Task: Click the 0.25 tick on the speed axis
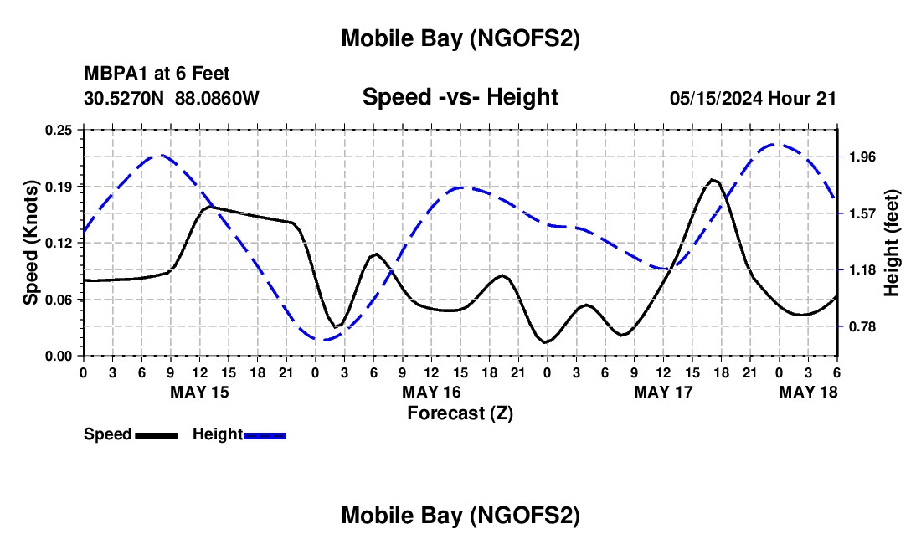pos(60,129)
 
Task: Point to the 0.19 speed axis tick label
pos(60,186)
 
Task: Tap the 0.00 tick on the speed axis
pos(60,356)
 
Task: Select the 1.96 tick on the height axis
pos(862,157)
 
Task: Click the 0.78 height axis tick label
pos(862,326)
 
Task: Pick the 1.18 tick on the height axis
pos(862,269)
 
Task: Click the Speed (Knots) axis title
pos(31,243)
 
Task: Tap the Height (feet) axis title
pos(891,243)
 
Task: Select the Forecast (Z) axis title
pos(460,413)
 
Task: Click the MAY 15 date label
pos(199,392)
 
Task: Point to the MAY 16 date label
pos(431,392)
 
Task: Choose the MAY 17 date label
pos(663,392)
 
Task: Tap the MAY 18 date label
pos(808,392)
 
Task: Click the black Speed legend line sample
pos(156,435)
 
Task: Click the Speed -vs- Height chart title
pos(460,97)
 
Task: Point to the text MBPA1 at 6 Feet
pos(157,74)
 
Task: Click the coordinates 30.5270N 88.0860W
pos(172,98)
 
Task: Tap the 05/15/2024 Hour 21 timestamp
pos(753,98)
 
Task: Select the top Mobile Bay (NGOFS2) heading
pos(460,38)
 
